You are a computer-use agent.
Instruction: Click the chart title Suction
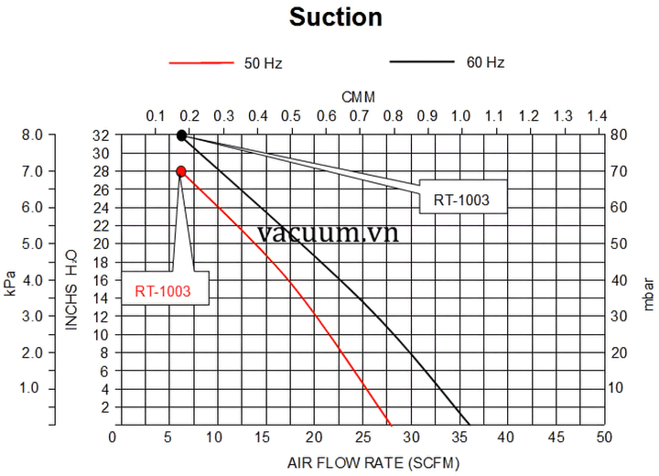click(336, 17)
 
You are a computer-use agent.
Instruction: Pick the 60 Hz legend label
click(485, 63)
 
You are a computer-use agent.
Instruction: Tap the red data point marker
click(181, 171)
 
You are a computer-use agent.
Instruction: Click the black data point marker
click(181, 135)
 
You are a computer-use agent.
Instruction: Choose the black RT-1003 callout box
click(462, 200)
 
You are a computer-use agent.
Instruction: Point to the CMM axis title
click(358, 96)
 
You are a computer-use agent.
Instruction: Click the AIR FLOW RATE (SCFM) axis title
click(360, 461)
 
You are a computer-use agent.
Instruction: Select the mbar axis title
click(649, 295)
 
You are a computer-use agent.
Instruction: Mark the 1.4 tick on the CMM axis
click(597, 116)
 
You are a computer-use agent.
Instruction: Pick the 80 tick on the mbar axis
click(620, 135)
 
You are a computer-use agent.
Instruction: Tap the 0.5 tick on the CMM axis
click(291, 116)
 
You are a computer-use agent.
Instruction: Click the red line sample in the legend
click(202, 63)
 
